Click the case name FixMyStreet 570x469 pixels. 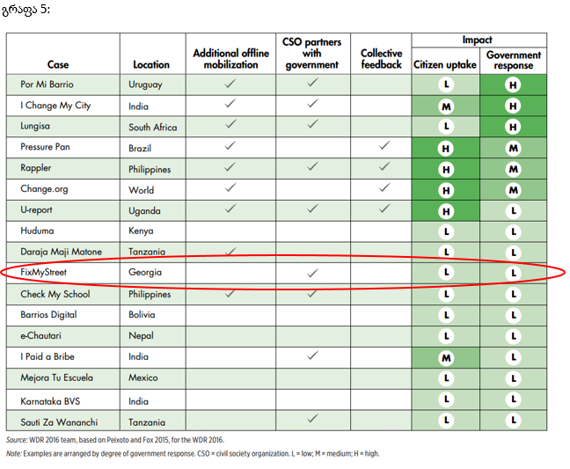point(43,273)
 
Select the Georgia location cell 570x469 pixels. point(145,273)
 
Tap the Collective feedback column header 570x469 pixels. point(381,59)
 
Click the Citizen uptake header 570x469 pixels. point(445,64)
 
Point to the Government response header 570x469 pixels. point(514,60)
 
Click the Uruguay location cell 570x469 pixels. point(145,84)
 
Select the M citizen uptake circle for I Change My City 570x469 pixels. point(446,106)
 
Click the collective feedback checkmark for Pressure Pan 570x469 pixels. point(384,146)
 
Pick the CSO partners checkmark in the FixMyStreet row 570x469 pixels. point(311,274)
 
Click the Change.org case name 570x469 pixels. point(43,189)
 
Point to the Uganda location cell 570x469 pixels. point(144,210)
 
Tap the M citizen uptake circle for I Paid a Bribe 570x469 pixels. point(446,357)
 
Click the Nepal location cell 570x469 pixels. point(141,336)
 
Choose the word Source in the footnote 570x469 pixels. point(18,439)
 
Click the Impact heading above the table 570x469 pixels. point(478,40)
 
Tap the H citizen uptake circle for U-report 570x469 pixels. point(446,211)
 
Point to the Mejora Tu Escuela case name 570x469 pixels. point(56,378)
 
